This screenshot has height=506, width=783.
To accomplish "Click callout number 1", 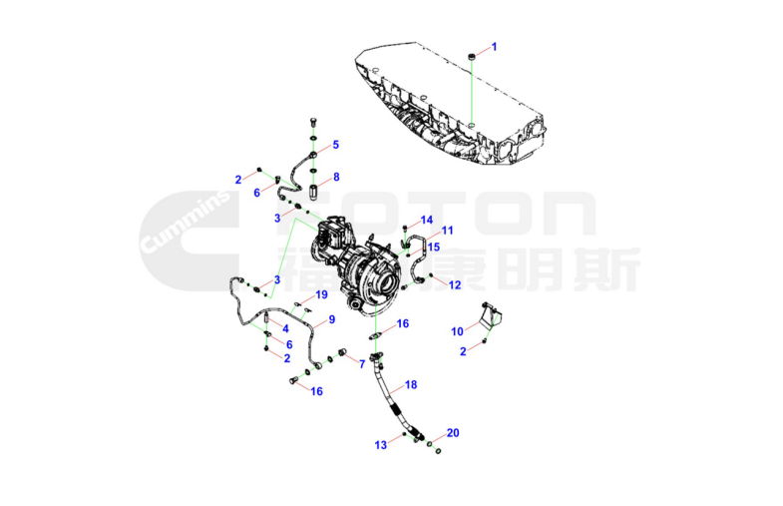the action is (x=495, y=47).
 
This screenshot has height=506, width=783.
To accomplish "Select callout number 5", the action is (x=335, y=145).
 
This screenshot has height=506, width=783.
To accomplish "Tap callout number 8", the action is (x=336, y=177).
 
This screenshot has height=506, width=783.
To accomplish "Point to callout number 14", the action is (x=427, y=220).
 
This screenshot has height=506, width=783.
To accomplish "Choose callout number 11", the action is (x=448, y=231).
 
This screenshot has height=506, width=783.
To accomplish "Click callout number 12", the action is (x=455, y=284).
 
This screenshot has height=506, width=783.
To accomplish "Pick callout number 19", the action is (x=321, y=294).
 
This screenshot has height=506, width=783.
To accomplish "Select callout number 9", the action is (x=331, y=319).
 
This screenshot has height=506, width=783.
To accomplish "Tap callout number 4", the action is (x=285, y=328).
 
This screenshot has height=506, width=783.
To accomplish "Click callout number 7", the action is (x=362, y=364).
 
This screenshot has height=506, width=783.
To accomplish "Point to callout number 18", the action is (x=411, y=384).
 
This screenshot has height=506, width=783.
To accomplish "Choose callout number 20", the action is (x=453, y=432).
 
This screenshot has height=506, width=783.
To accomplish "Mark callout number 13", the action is (x=380, y=444).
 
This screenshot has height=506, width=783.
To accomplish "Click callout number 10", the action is (x=458, y=331).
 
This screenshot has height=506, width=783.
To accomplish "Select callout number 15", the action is (x=434, y=247).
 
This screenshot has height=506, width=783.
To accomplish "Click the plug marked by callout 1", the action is (x=472, y=57).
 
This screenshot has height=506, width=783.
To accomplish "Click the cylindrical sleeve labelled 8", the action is (x=312, y=192).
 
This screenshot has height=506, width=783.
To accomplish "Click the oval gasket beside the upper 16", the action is (x=376, y=335).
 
